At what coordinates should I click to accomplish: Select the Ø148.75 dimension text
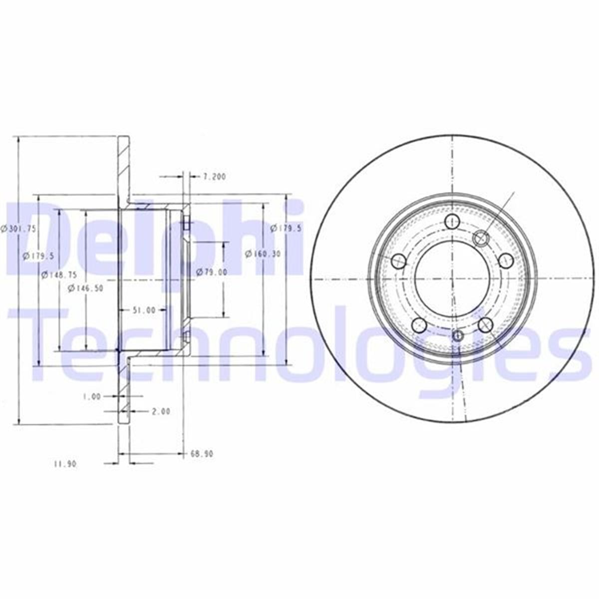(x=59, y=274)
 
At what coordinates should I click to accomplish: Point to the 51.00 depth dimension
(x=143, y=310)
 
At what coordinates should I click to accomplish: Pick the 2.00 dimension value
(x=160, y=411)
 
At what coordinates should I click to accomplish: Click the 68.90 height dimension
(x=202, y=454)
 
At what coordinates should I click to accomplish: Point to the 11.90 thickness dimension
(x=64, y=464)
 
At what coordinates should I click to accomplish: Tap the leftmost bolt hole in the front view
(x=398, y=261)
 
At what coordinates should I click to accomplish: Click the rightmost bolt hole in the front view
(x=506, y=261)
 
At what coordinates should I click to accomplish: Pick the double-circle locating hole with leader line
(x=481, y=239)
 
